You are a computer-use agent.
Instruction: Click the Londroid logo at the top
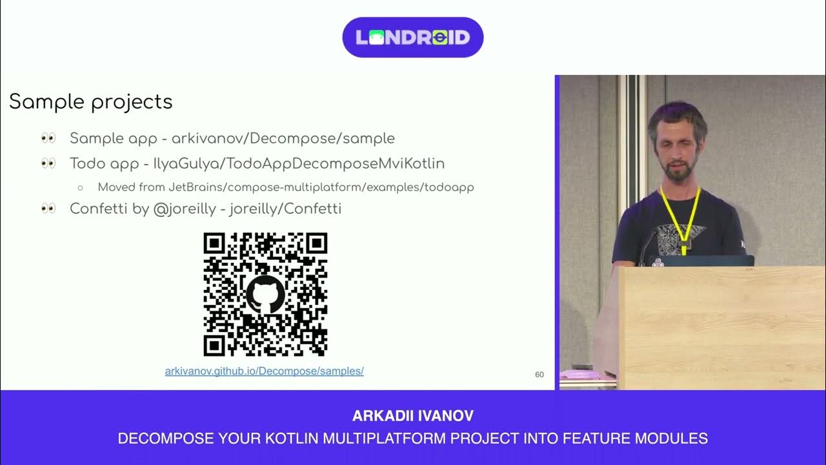point(413,37)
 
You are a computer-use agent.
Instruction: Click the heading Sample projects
point(91,102)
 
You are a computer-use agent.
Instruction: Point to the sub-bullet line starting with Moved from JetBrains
point(286,187)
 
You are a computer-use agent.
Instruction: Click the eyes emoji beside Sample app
point(48,138)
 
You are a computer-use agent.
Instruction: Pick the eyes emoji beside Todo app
point(48,163)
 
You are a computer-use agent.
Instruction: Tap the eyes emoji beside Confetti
point(48,209)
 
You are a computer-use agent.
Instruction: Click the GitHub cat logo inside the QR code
point(265,294)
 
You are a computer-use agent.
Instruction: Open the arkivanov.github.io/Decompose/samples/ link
point(265,371)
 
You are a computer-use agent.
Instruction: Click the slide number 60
point(539,375)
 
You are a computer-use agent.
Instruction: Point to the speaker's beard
point(677,172)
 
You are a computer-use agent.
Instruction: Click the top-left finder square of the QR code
point(214,243)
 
